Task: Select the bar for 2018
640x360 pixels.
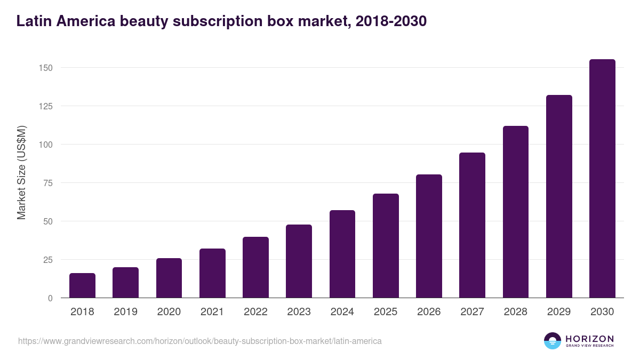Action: pos(82,285)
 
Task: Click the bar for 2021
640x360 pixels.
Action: pos(212,273)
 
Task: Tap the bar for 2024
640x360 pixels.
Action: pos(342,254)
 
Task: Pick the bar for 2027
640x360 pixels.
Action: pos(472,225)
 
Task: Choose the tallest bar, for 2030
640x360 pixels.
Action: pos(602,179)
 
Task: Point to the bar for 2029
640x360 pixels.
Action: pos(559,196)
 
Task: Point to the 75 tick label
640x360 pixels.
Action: pos(48,183)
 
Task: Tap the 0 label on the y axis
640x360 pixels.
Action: pos(51,298)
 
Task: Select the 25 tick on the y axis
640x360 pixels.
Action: pos(48,260)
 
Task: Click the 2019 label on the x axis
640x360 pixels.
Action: pos(125,312)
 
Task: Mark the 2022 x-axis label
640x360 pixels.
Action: pos(255,312)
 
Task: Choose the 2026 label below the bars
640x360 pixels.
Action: pos(429,312)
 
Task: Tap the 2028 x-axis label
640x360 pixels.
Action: pos(515,312)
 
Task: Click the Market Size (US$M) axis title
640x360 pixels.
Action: pos(21,172)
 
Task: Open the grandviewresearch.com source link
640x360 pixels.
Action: pos(200,341)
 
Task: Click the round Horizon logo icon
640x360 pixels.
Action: pos(553,341)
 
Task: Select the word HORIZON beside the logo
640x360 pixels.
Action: pos(589,339)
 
